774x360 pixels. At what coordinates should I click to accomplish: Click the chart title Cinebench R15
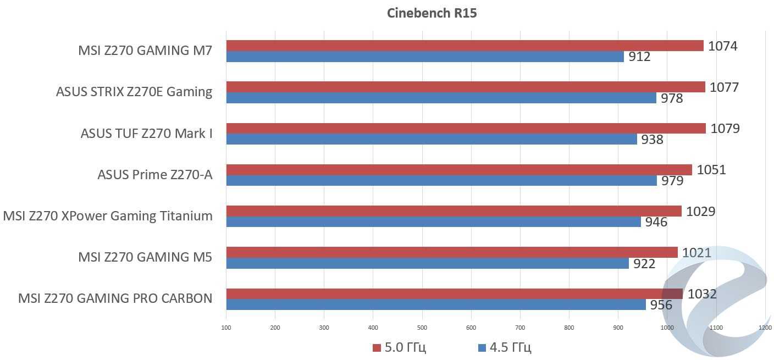click(x=432, y=13)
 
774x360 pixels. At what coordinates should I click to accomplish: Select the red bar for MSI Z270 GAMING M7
click(x=465, y=46)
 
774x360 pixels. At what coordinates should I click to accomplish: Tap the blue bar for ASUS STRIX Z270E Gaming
click(x=441, y=98)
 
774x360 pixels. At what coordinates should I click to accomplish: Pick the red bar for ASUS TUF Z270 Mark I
click(x=466, y=129)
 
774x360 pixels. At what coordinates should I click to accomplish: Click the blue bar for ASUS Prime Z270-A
click(x=441, y=181)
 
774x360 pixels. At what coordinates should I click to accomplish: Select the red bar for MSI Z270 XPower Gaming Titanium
click(x=454, y=211)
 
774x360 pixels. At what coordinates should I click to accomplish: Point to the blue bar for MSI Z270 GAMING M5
click(x=427, y=264)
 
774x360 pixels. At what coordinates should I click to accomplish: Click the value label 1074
click(x=722, y=46)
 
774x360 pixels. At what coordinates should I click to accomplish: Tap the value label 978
click(x=672, y=98)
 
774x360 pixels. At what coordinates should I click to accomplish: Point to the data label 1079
click(x=725, y=129)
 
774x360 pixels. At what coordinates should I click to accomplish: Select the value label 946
click(x=656, y=222)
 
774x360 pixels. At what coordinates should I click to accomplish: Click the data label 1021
click(x=696, y=253)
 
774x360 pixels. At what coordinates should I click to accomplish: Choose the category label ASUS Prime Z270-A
click(x=154, y=175)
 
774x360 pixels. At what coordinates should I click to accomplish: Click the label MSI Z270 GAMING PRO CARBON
click(x=115, y=298)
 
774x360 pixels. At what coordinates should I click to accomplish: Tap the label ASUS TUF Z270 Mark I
click(x=146, y=134)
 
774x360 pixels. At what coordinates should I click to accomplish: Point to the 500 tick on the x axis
click(x=422, y=328)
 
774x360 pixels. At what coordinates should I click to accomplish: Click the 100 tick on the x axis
click(x=226, y=328)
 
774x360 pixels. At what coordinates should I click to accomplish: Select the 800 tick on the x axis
click(x=569, y=328)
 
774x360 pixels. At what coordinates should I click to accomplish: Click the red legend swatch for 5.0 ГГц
click(x=377, y=348)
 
